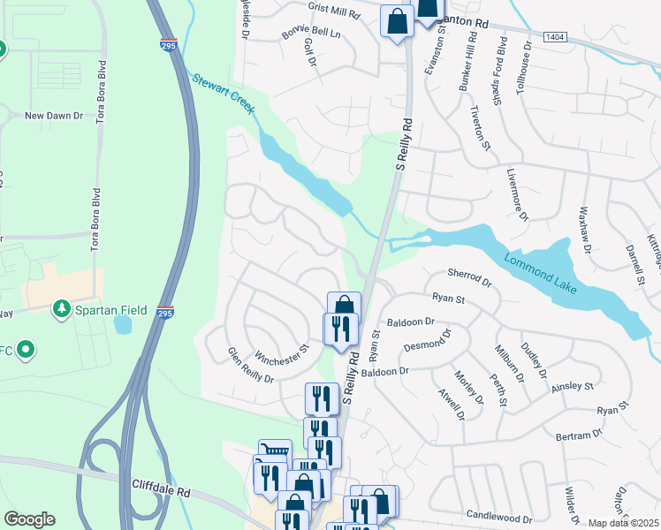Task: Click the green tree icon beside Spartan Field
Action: pos(61,308)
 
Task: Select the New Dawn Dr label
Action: pos(53,116)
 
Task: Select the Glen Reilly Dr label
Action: pos(250,365)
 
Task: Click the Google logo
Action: pos(29,519)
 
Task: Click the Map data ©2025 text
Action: pos(623,523)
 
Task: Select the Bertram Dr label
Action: pos(579,435)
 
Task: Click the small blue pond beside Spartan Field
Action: pos(122,323)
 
